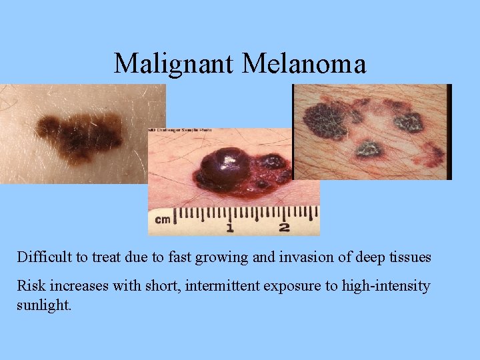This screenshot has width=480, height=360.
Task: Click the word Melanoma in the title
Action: [x=305, y=64]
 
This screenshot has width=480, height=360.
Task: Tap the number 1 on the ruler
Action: [x=229, y=228]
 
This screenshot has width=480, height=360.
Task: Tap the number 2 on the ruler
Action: [x=284, y=228]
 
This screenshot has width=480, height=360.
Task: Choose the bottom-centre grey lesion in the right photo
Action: [x=369, y=149]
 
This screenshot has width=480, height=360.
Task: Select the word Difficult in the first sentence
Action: [x=41, y=257]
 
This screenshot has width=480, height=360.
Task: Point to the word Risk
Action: [x=29, y=287]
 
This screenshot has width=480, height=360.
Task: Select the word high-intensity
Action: [x=386, y=287]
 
